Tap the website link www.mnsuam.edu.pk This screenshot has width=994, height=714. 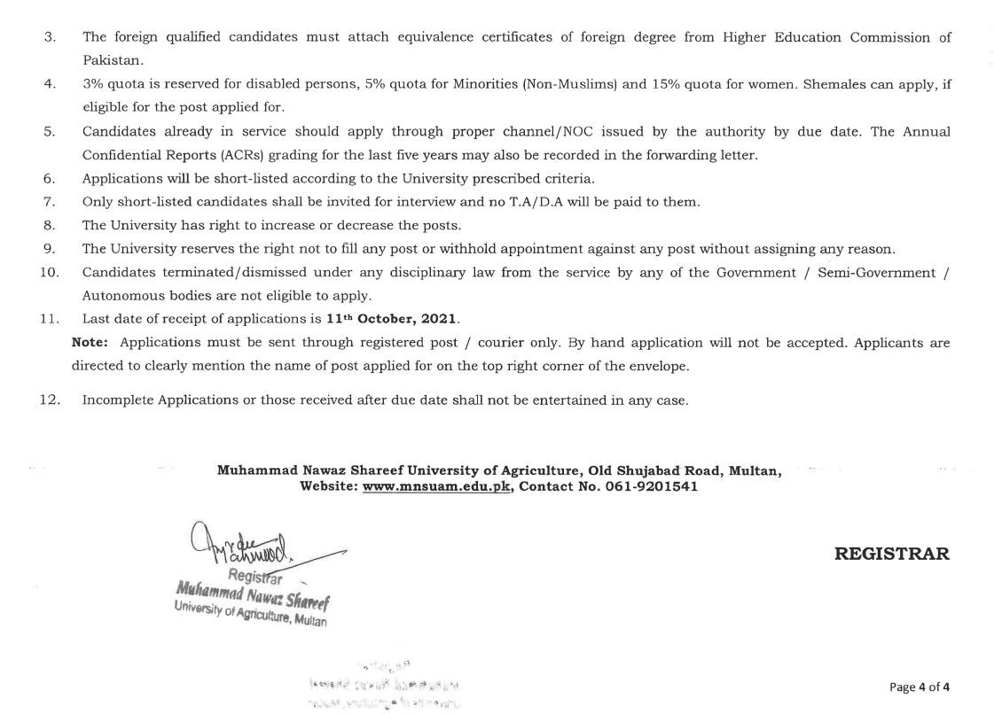[x=437, y=486]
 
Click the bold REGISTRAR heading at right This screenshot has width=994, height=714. [x=891, y=555]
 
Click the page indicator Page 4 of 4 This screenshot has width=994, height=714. [x=920, y=687]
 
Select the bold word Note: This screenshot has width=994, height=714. [x=91, y=342]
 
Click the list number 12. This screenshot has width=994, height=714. [x=50, y=400]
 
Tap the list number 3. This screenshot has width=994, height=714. [x=50, y=37]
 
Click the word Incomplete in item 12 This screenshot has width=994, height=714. [x=117, y=400]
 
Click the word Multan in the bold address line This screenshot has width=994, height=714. [x=754, y=470]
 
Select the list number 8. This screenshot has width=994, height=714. [x=50, y=225]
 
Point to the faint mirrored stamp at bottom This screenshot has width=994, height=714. [x=384, y=686]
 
